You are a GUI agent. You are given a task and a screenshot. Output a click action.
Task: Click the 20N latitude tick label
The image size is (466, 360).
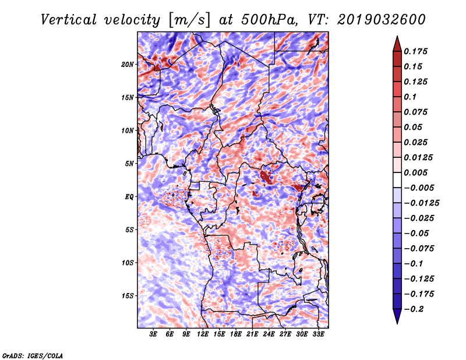(x=128, y=65)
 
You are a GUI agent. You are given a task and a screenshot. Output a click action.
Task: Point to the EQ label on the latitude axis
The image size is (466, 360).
(x=129, y=197)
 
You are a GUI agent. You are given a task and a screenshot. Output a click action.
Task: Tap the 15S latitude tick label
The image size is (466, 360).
(x=128, y=296)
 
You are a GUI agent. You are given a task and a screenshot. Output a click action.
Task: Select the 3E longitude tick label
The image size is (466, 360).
(x=153, y=334)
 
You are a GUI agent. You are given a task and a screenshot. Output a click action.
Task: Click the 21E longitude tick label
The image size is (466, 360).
(x=252, y=334)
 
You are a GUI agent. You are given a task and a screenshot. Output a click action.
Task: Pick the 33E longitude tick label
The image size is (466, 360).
(x=318, y=334)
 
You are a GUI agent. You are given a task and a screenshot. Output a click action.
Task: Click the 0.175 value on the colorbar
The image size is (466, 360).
(x=415, y=51)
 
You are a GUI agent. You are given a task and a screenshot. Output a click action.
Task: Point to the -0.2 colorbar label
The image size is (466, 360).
(x=414, y=309)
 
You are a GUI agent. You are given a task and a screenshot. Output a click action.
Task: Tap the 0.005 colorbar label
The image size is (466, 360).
(x=415, y=172)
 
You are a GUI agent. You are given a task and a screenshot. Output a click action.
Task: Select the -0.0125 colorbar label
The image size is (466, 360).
(x=421, y=203)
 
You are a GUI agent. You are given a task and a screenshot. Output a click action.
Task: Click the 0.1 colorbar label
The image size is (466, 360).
(x=410, y=97)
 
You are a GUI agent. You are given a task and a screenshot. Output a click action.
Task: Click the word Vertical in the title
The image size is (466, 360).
(x=69, y=20)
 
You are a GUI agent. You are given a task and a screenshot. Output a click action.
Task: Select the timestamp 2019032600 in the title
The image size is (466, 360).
(x=382, y=20)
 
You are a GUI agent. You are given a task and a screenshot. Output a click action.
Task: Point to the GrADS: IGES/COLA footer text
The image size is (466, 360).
(x=33, y=356)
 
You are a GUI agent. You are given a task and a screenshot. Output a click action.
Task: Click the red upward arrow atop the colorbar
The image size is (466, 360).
(x=397, y=44)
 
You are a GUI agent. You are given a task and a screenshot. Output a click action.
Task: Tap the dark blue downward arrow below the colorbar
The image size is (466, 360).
(x=397, y=316)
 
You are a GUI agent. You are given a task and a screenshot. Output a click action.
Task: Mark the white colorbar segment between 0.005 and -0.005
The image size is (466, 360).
(x=397, y=180)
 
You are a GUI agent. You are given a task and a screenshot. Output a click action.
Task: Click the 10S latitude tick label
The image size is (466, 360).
(x=128, y=263)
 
